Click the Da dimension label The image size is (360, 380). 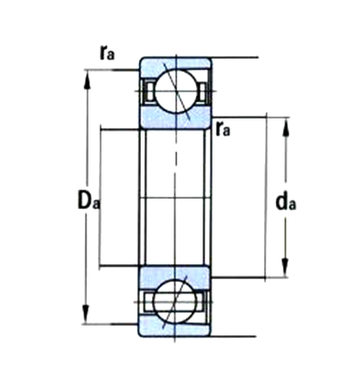coord(89,201)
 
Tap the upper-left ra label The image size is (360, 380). coord(107,52)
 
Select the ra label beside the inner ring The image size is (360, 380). coord(223,128)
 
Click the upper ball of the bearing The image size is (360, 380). coord(176,91)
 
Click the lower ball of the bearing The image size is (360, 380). coord(175,302)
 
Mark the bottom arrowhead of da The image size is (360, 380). coord(285,267)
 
